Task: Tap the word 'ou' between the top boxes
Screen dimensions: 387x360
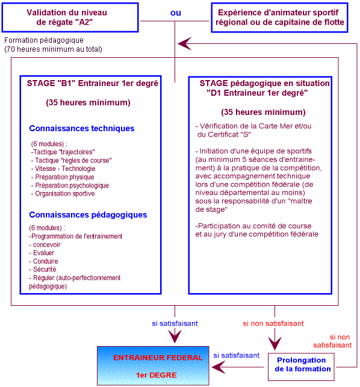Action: click(175, 12)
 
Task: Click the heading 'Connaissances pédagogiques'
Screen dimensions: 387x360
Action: click(88, 215)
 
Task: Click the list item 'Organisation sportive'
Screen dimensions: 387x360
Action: click(65, 194)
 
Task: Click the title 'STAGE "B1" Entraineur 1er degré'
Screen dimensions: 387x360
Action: click(93, 84)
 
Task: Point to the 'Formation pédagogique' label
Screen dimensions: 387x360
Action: click(44, 40)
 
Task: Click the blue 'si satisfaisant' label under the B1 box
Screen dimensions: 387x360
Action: click(175, 323)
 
